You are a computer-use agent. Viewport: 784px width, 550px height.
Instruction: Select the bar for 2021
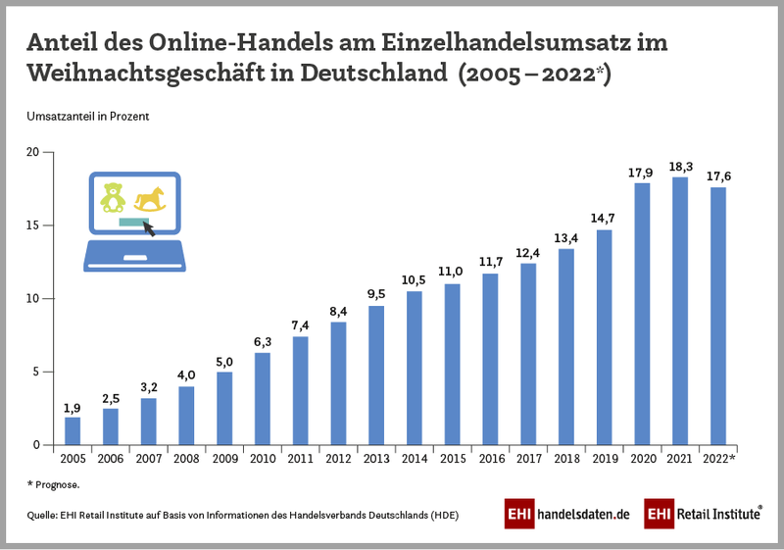coord(679,311)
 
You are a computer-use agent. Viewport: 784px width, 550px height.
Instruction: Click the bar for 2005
coord(73,430)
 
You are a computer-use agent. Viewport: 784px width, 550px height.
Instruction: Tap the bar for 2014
coord(414,368)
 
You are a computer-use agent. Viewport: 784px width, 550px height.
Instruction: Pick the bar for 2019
coord(604,337)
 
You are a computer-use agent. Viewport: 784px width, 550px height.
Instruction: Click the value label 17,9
coord(641,173)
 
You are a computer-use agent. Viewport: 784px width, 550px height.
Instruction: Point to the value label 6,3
coord(263,342)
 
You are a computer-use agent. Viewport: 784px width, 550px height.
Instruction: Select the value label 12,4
coord(528,253)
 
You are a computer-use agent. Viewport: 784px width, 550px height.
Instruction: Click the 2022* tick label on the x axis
coord(719,459)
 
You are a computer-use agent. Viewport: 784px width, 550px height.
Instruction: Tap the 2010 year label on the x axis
coord(263,459)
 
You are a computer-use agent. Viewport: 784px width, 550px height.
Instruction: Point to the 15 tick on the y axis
coord(32,225)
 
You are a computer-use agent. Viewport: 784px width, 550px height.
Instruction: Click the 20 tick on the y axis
coord(32,152)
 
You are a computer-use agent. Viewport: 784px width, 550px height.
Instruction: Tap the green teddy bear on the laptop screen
coord(114,197)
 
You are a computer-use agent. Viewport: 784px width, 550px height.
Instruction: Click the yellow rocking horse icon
coord(152,199)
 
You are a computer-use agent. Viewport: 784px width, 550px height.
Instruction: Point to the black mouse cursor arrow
coord(150,229)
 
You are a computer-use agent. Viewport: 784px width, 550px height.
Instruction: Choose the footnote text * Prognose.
coord(53,484)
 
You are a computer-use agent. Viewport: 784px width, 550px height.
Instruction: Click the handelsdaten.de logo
coord(566,514)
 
